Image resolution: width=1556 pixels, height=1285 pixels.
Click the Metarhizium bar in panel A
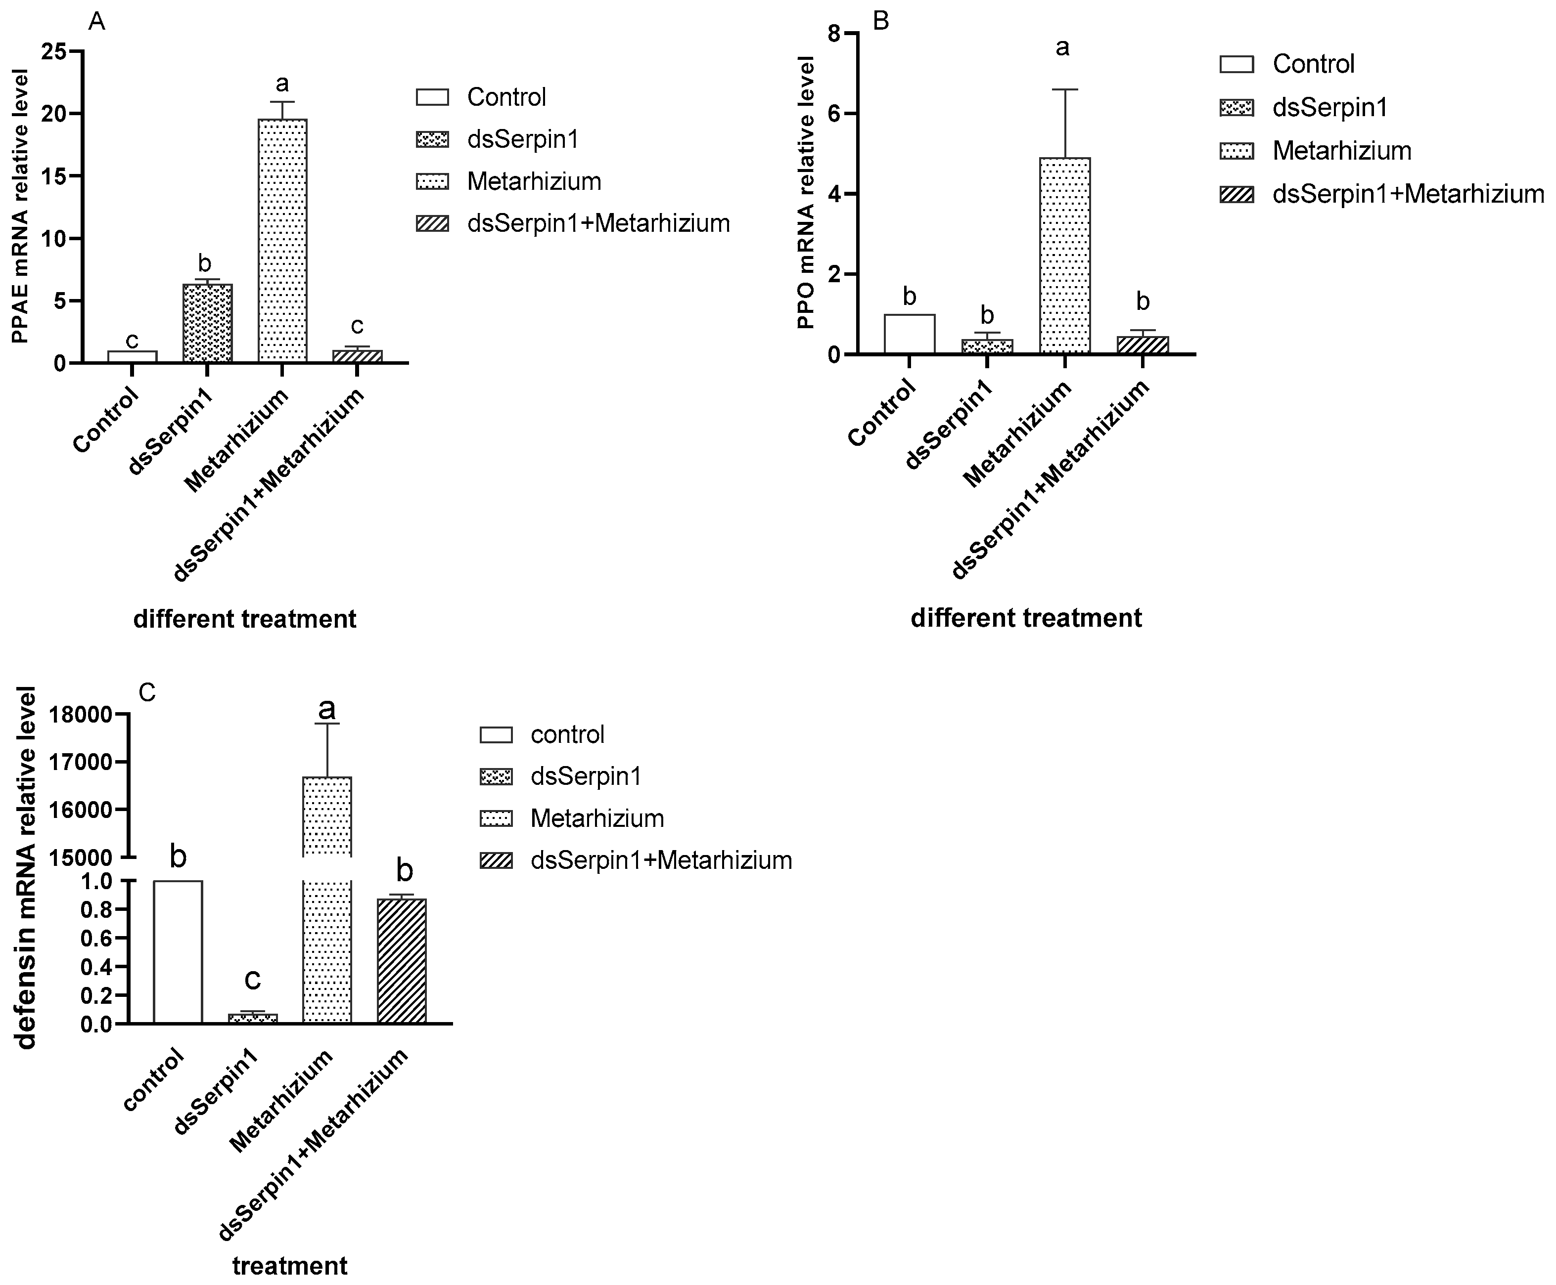(282, 241)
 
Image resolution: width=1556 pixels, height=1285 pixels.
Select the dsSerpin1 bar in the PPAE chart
(207, 323)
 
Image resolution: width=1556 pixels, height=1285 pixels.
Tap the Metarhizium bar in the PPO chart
(1064, 256)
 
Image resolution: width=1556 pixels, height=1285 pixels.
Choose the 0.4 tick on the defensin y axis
(96, 967)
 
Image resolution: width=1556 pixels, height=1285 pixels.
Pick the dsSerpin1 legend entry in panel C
(585, 776)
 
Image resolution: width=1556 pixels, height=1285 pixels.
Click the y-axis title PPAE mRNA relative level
(20, 207)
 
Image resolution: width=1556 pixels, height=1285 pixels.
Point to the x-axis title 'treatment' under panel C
(289, 1266)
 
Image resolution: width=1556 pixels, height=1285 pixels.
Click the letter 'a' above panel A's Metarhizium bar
(281, 83)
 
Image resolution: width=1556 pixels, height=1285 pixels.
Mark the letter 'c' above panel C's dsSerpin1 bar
(253, 979)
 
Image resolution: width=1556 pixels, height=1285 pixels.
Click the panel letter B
(881, 21)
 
